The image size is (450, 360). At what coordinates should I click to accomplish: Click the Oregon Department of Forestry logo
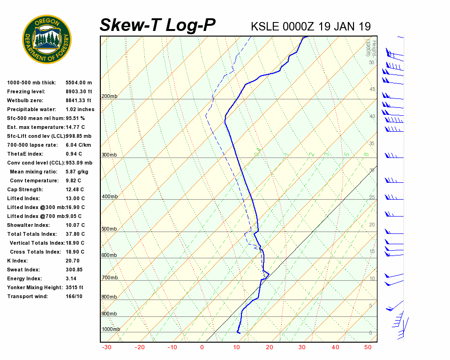tap(47, 39)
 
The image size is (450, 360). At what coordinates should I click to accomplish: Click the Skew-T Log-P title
tap(157, 25)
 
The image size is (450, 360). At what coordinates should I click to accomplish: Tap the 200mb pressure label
tap(109, 97)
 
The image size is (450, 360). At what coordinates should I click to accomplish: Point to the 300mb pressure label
tap(109, 155)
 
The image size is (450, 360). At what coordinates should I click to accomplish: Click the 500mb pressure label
tap(109, 229)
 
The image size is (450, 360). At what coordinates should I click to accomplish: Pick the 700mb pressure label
tap(109, 278)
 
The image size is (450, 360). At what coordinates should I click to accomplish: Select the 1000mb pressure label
tap(111, 330)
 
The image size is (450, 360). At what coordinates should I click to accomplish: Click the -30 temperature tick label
tap(106, 347)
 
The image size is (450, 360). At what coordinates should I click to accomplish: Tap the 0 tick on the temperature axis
tap(202, 347)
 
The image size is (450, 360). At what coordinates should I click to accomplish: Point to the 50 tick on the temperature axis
tap(368, 347)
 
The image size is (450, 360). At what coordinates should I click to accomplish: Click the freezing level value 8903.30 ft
tap(79, 91)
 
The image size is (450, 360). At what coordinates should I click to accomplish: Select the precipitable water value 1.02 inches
tap(80, 109)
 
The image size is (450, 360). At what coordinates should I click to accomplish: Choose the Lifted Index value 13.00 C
tap(75, 198)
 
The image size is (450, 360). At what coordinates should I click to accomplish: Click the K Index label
tap(18, 261)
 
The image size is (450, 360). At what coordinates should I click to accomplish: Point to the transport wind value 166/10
tap(74, 296)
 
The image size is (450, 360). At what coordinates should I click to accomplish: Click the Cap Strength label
tap(25, 189)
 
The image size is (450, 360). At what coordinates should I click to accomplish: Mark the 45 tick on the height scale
tap(372, 90)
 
